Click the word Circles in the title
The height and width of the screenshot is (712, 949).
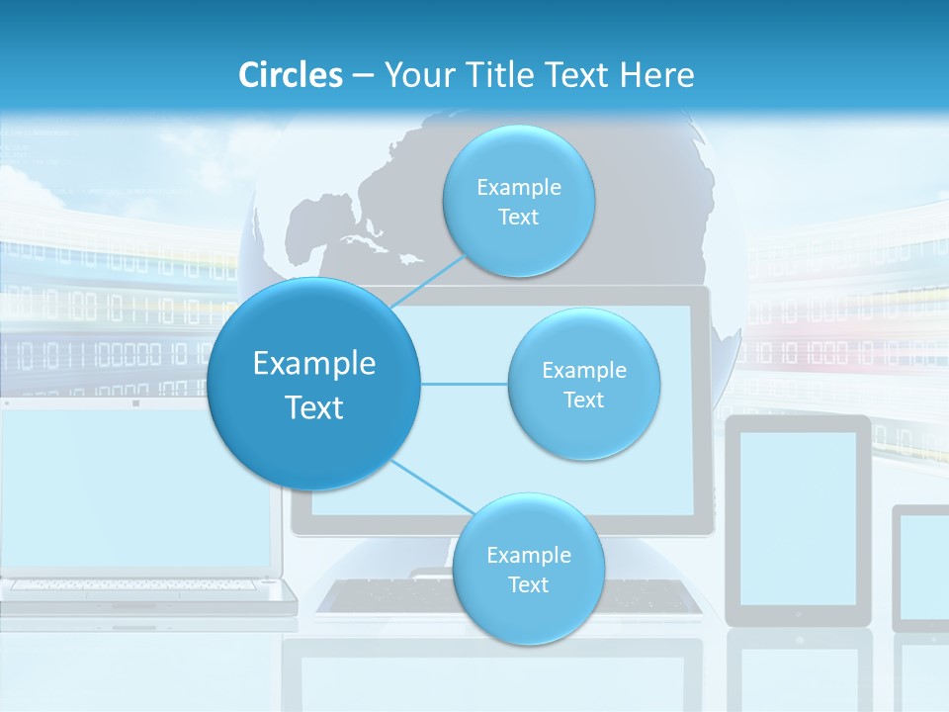point(290,75)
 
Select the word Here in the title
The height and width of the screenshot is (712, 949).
point(656,75)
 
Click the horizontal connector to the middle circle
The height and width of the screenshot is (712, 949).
point(465,384)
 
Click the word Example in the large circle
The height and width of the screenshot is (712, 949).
point(314,364)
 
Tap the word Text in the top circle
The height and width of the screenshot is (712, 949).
point(518,218)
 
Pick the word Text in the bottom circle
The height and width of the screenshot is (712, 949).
point(528,585)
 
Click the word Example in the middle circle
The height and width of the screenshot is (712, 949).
point(583,371)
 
